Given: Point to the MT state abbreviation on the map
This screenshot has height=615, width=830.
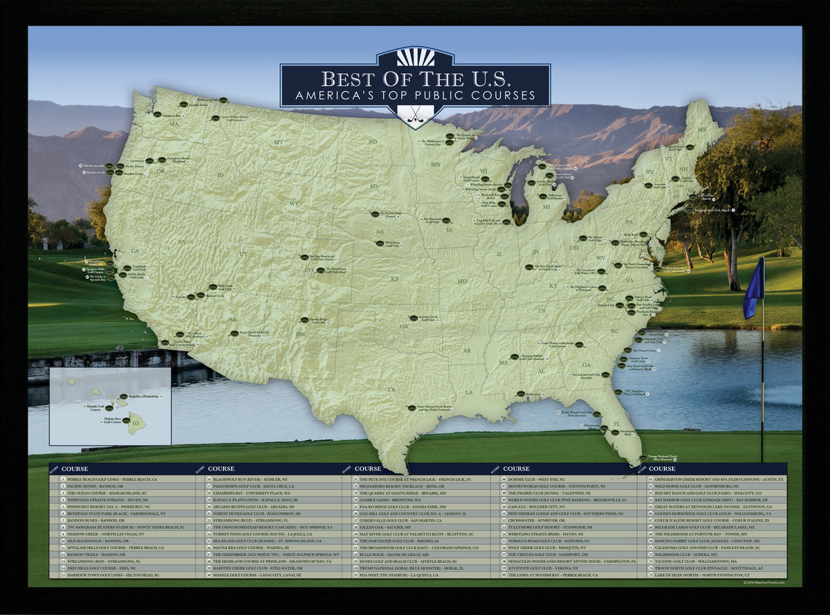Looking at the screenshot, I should point(279,143).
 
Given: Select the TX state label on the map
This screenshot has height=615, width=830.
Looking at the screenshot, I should point(391,389).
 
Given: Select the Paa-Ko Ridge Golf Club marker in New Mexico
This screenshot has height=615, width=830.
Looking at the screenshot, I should point(304,320).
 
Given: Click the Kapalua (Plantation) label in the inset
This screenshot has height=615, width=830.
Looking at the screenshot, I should point(142,397).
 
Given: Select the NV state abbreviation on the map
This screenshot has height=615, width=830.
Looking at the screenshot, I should point(182,241).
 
